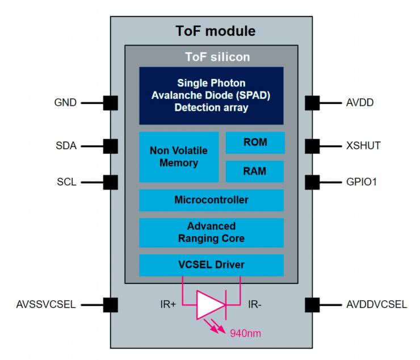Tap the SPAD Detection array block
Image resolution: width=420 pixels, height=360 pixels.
[211, 95]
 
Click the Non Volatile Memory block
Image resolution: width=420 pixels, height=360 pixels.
[178, 157]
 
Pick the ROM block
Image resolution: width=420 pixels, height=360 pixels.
[255, 143]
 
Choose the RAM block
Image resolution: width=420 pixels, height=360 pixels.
[255, 171]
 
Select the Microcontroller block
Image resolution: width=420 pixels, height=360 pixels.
[211, 200]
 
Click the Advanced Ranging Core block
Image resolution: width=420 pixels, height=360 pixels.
[211, 232]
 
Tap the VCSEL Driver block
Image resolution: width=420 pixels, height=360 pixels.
[211, 265]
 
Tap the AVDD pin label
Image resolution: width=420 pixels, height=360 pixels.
[360, 103]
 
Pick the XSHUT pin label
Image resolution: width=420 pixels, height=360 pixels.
[363, 146]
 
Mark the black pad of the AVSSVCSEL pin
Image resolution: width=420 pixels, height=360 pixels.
[111, 305]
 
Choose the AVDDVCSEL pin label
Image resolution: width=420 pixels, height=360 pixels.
[376, 305]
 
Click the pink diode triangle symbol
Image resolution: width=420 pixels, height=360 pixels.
[209, 305]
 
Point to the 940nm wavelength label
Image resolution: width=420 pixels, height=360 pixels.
[245, 333]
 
